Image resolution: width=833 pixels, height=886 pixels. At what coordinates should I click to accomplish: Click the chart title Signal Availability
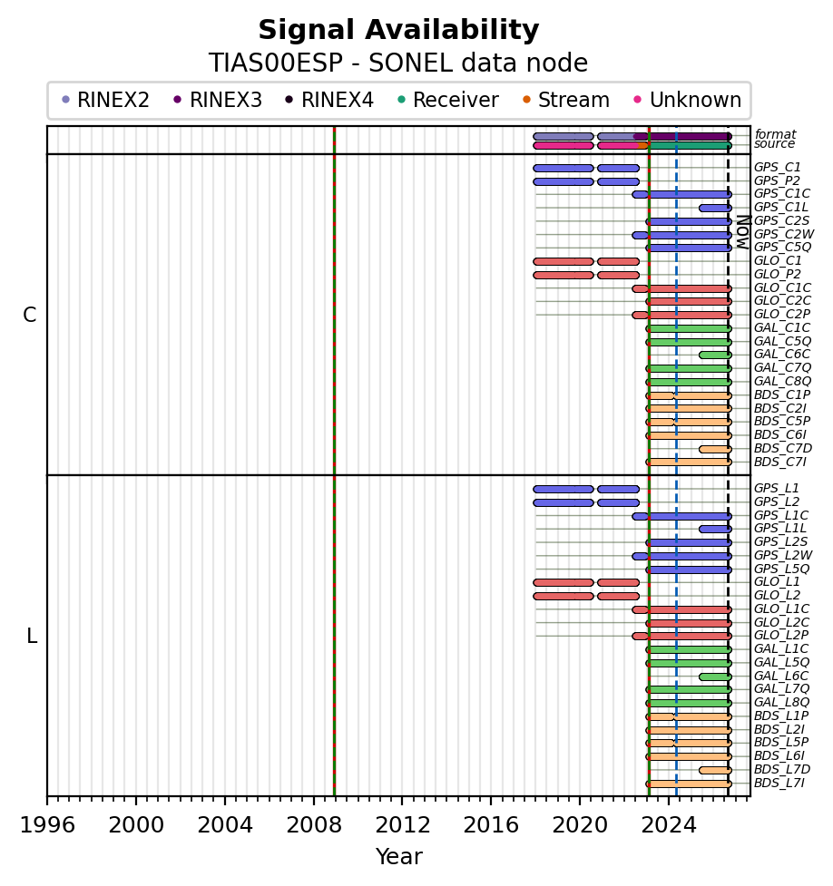(398, 30)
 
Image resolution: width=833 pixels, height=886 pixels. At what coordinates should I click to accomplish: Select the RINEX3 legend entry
(218, 100)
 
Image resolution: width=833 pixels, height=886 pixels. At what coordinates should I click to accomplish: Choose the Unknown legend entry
(688, 100)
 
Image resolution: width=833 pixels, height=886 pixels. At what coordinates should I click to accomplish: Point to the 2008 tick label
(314, 825)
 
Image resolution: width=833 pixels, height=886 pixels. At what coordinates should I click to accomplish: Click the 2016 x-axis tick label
(491, 825)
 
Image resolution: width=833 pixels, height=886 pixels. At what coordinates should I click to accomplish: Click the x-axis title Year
(398, 857)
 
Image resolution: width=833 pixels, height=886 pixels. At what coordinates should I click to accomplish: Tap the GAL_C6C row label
(782, 355)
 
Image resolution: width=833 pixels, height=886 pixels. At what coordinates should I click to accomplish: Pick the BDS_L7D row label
(782, 769)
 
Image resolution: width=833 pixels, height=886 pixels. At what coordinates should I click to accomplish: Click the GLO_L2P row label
(781, 635)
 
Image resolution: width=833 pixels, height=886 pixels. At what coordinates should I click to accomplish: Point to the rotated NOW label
(743, 232)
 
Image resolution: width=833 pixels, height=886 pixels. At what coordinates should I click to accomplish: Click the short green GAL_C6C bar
(715, 355)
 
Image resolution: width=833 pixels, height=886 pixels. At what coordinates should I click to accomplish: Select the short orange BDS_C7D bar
(715, 449)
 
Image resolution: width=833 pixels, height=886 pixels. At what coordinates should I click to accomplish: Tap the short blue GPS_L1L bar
(715, 530)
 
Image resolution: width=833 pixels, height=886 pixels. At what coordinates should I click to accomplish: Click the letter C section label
(29, 315)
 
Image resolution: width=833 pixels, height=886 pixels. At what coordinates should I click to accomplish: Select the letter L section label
(32, 637)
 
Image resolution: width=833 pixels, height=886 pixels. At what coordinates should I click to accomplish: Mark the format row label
(775, 134)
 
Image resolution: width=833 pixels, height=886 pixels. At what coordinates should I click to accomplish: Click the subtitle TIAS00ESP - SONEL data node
(398, 63)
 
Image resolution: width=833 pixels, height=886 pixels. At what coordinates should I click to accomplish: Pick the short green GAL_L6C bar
(715, 677)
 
